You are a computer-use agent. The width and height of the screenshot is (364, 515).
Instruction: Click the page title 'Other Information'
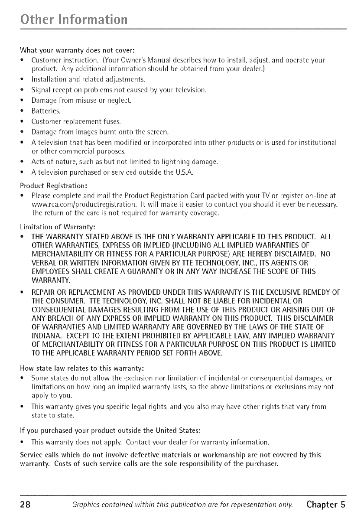[71, 20]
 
